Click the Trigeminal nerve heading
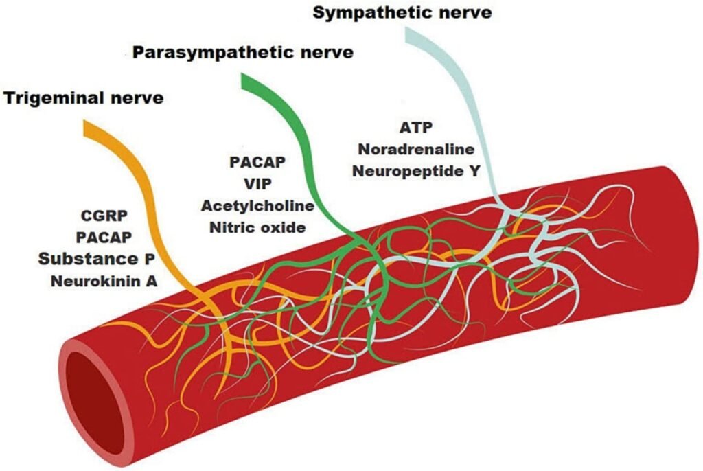(x=84, y=98)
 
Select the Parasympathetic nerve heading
(x=243, y=51)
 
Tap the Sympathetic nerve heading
(x=403, y=12)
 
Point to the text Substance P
(x=96, y=259)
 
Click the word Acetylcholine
(x=257, y=206)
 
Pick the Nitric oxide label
(x=257, y=227)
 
